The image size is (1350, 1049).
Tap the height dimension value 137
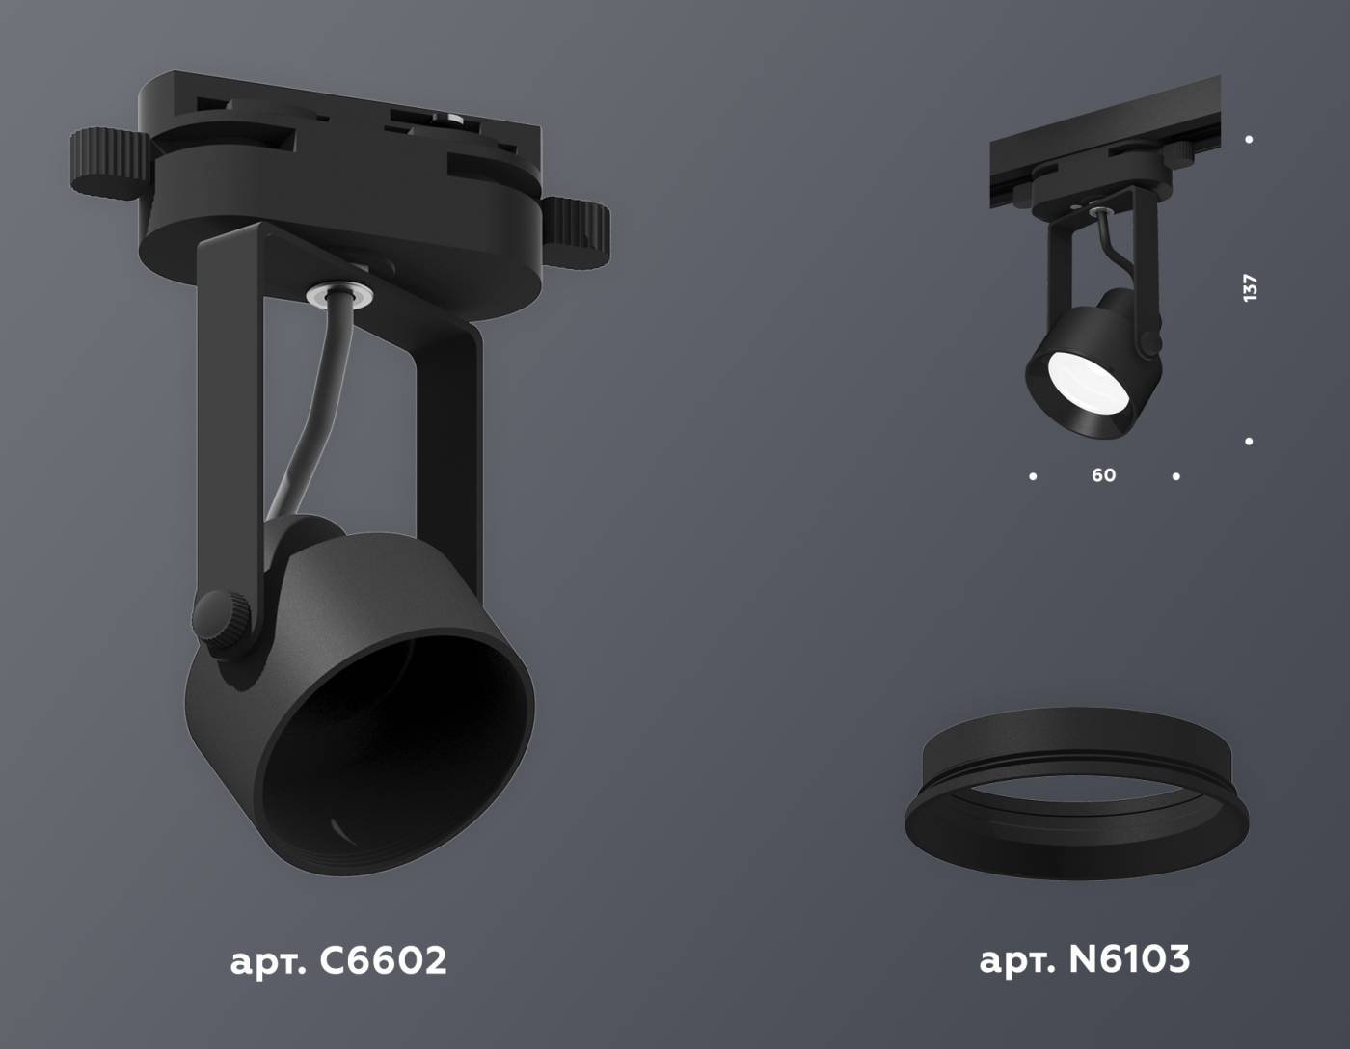pyautogui.click(x=1251, y=288)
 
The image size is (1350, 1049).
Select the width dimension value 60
pyautogui.click(x=1103, y=475)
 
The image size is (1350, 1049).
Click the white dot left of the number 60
pyautogui.click(x=1034, y=476)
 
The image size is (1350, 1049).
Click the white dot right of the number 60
pyautogui.click(x=1175, y=476)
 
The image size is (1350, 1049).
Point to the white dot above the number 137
pyautogui.click(x=1249, y=140)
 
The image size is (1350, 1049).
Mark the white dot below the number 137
pyautogui.click(x=1249, y=442)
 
